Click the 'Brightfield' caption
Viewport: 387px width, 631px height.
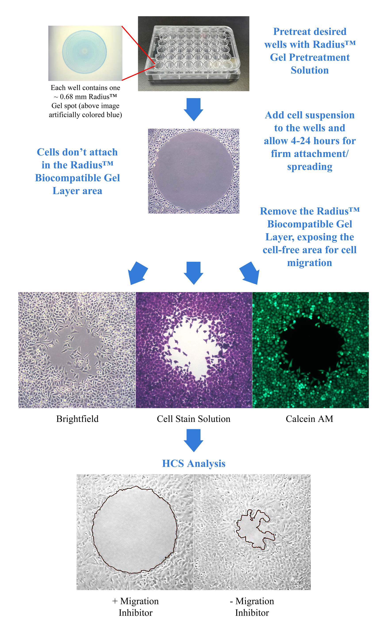(x=77, y=419)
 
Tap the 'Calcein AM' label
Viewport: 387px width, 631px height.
(x=309, y=419)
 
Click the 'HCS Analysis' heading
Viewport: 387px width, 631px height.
(x=194, y=463)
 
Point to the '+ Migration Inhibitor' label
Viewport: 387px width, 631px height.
(x=135, y=607)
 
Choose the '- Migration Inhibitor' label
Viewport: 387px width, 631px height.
(x=252, y=607)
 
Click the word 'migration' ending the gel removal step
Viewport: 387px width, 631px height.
(x=309, y=263)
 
